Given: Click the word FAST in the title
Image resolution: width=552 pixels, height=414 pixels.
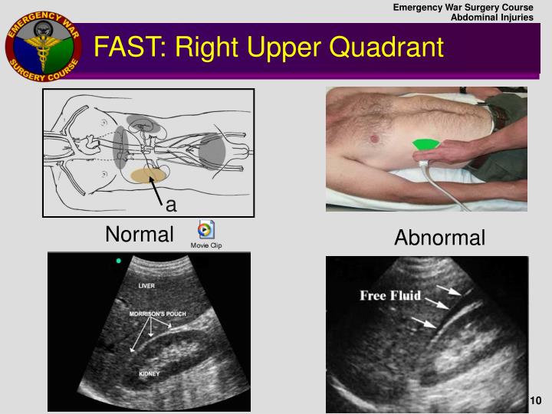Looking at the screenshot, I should [x=126, y=47].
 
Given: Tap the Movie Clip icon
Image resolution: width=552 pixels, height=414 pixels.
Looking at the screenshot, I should [x=205, y=229].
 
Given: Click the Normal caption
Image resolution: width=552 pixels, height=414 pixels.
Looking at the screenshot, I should [x=140, y=234].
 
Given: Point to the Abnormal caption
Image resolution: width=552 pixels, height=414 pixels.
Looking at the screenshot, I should [x=439, y=238].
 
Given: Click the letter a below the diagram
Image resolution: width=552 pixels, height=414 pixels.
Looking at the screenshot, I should [x=171, y=204].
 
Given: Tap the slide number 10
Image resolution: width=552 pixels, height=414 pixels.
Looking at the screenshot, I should [x=535, y=401].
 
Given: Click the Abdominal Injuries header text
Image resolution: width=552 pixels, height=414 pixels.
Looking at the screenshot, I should [x=491, y=18].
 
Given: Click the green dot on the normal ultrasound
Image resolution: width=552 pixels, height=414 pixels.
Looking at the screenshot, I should [x=118, y=261].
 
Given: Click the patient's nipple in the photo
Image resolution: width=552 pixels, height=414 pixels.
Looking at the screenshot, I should [x=376, y=139].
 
